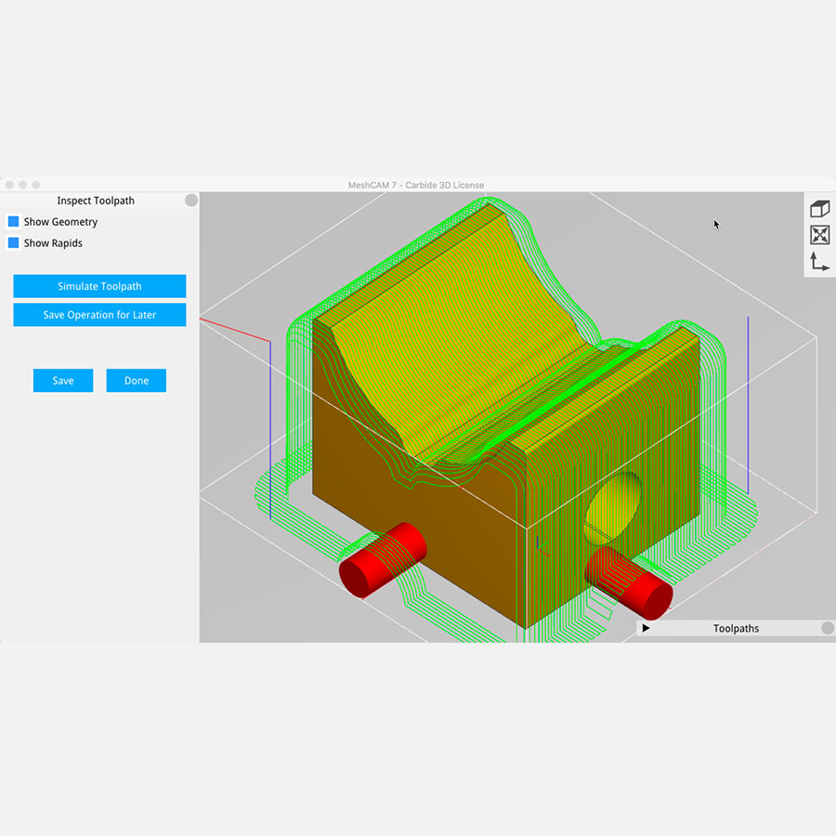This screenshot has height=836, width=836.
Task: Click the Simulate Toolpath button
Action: coord(99,286)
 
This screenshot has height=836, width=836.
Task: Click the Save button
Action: coord(63,381)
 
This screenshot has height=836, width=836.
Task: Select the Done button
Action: coord(136,381)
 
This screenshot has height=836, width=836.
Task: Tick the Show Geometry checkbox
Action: coord(13,222)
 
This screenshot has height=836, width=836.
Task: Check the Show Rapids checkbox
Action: coord(13,243)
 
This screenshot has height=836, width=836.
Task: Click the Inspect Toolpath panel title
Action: coord(96,201)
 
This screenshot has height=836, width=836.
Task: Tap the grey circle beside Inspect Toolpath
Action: coord(191,200)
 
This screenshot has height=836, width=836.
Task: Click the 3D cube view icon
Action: coord(819,209)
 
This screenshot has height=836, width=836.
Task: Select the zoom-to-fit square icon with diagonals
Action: coord(819,235)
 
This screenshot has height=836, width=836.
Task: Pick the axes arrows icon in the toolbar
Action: coord(819,261)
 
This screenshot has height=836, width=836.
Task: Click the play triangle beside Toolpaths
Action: coord(646,628)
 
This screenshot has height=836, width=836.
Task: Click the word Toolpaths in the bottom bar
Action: coord(736,629)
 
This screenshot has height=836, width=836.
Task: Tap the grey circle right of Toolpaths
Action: coord(828,628)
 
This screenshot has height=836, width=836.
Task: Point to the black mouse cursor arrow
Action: coord(716,224)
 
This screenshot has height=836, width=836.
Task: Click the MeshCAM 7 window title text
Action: coord(416,185)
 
